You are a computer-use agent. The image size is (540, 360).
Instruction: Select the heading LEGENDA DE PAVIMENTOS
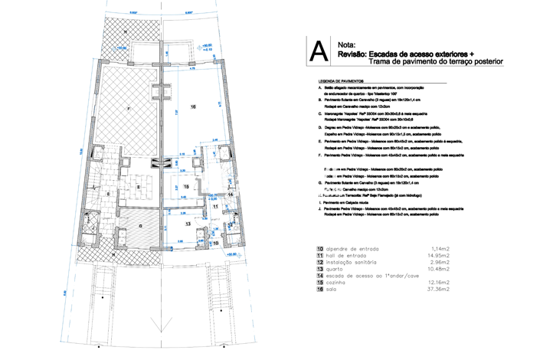[343, 80]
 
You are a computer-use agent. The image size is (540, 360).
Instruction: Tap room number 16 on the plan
[193, 106]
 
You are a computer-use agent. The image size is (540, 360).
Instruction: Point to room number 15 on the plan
[186, 186]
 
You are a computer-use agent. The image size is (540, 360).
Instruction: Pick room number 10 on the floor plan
[216, 243]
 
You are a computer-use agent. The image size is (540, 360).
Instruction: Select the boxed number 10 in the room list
[319, 249]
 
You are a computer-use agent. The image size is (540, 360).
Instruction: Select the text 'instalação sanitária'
[356, 263]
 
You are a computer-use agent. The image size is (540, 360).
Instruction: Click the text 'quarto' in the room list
[336, 270]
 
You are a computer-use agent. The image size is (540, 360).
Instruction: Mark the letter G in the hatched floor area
[140, 227]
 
